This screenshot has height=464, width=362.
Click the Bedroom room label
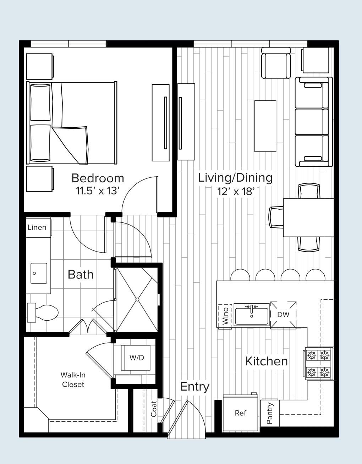point(98,178)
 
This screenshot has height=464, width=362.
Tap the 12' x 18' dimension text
point(236,192)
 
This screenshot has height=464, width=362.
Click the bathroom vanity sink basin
point(39,273)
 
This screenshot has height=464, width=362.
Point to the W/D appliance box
point(137,358)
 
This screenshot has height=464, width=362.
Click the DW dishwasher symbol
point(283,314)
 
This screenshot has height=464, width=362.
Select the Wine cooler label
point(225,316)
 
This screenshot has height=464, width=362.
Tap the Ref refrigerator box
point(240,413)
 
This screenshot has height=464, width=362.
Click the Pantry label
point(270,413)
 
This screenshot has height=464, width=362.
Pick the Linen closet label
point(37,227)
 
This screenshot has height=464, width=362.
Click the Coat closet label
point(154,409)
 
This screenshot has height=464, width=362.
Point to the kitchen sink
point(251,315)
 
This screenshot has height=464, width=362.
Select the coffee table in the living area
point(265,126)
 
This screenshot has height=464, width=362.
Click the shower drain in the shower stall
point(137,299)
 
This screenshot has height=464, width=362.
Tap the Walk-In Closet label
point(73,380)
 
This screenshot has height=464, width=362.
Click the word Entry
point(194,386)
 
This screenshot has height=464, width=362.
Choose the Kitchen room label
point(266,361)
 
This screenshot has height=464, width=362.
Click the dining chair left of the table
point(276,217)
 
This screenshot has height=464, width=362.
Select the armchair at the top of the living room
point(276,63)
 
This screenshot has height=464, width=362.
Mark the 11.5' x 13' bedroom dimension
point(97,191)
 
